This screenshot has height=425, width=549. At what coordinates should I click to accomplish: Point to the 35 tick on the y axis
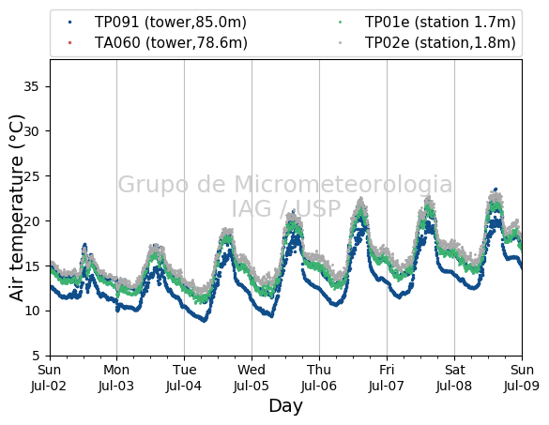pyautogui.click(x=31, y=86)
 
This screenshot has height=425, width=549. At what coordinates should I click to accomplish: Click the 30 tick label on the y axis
pyautogui.click(x=31, y=131)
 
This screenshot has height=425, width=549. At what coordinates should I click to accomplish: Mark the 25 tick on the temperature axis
pyautogui.click(x=31, y=176)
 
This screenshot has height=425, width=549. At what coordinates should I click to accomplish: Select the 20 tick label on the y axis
pyautogui.click(x=31, y=220)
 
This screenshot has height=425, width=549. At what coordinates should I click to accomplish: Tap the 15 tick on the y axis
pyautogui.click(x=31, y=266)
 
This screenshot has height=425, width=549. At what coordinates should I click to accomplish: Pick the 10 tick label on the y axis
pyautogui.click(x=31, y=311)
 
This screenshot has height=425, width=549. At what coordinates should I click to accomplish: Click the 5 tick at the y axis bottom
pyautogui.click(x=36, y=356)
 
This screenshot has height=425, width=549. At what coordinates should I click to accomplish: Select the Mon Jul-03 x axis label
pyautogui.click(x=116, y=378)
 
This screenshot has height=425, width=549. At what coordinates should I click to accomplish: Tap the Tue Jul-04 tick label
pyautogui.click(x=184, y=378)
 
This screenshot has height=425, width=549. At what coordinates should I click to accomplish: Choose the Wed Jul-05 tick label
pyautogui.click(x=252, y=378)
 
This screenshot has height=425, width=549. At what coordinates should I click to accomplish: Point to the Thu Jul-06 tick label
pyautogui.click(x=319, y=378)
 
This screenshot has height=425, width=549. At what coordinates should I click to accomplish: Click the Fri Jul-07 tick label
pyautogui.click(x=387, y=378)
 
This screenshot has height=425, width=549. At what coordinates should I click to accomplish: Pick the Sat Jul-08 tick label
pyautogui.click(x=454, y=378)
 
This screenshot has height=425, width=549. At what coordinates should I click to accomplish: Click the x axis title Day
pyautogui.click(x=285, y=406)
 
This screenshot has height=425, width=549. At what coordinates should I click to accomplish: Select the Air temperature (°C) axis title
pyautogui.click(x=17, y=207)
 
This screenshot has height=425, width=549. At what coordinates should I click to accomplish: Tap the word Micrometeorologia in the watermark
pyautogui.click(x=343, y=185)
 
